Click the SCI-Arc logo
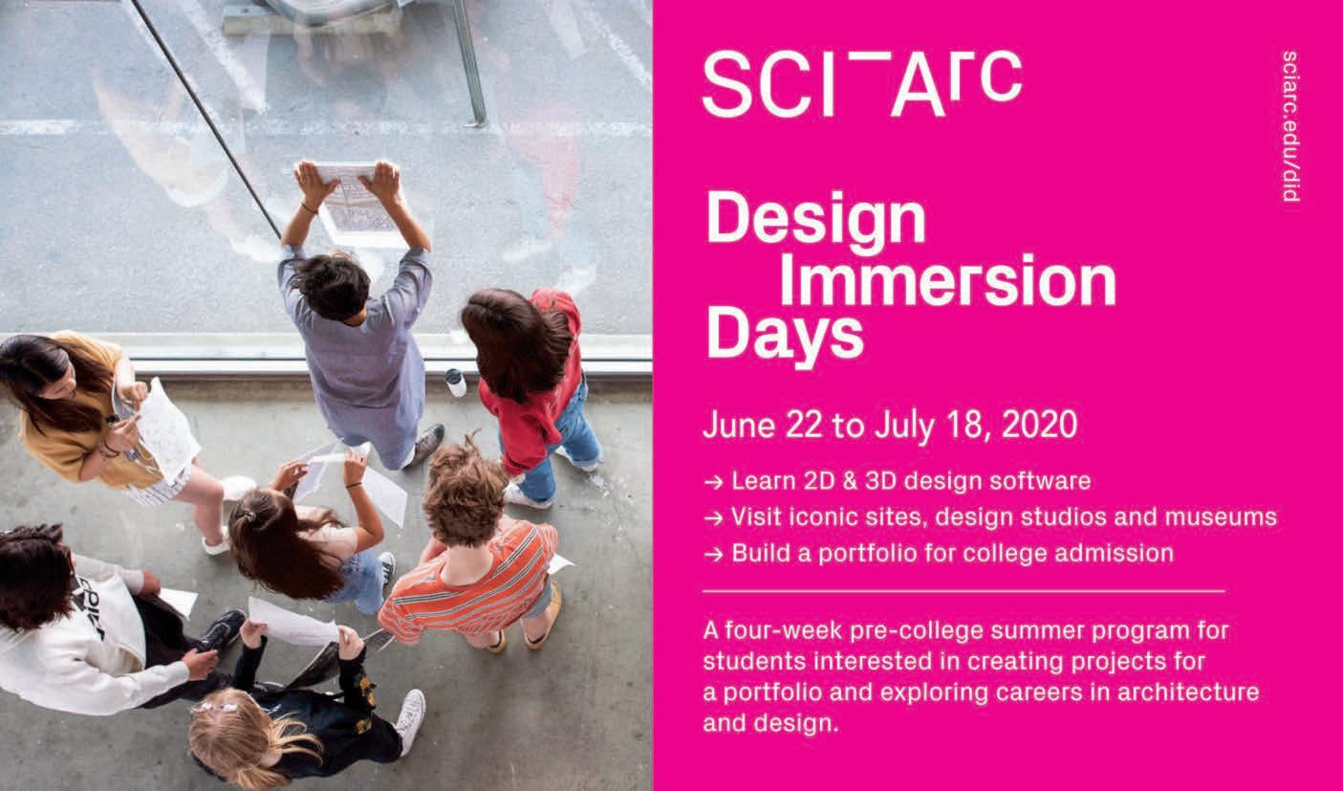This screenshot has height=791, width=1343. pos(862,84)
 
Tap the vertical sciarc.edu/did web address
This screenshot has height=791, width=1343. pos(1290,126)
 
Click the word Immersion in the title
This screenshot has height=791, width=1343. pos(948,280)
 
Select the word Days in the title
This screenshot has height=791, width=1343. pos(785,337)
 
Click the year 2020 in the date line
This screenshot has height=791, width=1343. pos(1039,425)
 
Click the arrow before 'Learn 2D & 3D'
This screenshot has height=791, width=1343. pos(713,482)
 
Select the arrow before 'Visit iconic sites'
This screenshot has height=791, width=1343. pos(713,518)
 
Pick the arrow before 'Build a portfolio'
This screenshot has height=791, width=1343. pos(713,555)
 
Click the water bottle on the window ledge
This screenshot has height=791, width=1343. pos(456,383)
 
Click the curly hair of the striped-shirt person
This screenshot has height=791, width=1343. pos(465,494)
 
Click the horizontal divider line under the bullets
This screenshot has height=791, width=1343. pos(964,591)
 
